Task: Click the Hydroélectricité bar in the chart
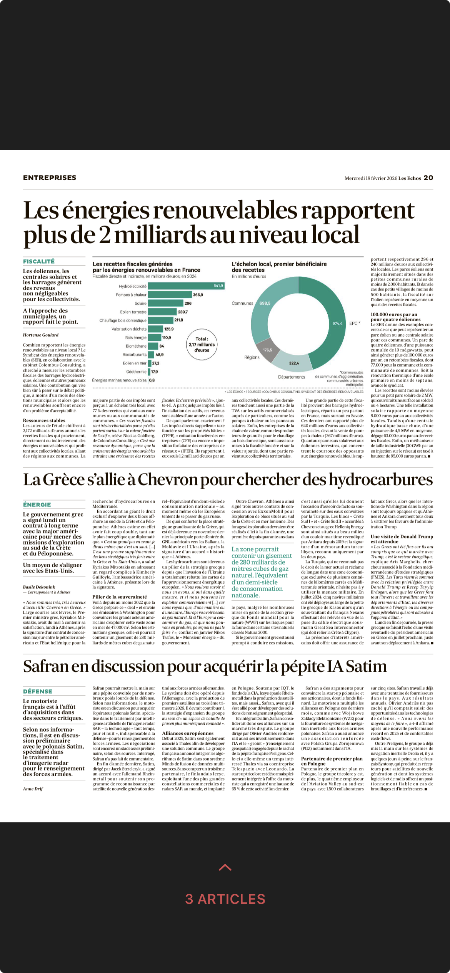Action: (x=186, y=286)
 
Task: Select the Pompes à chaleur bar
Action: (x=170, y=295)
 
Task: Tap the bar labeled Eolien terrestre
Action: (x=162, y=312)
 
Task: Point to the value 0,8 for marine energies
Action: (x=152, y=380)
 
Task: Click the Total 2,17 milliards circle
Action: (x=202, y=344)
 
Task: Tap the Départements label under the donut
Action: (x=291, y=377)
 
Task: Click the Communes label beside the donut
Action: (x=242, y=303)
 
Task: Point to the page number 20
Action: (x=428, y=178)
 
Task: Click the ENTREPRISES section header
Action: (x=50, y=178)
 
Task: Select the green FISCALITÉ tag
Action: (x=39, y=261)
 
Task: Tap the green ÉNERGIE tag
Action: (x=37, y=505)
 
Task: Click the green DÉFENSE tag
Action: (x=38, y=691)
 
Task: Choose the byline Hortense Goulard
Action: (x=41, y=335)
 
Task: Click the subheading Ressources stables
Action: (x=44, y=420)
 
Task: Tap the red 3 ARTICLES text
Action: (x=225, y=899)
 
